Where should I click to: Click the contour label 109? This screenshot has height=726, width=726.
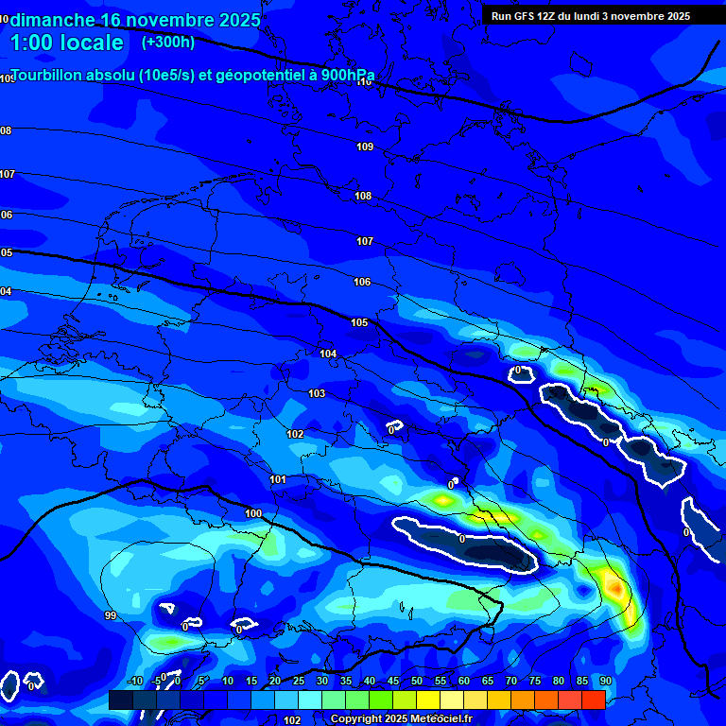365,147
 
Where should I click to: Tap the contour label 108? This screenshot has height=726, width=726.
363,196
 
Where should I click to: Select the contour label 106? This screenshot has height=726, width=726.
362,282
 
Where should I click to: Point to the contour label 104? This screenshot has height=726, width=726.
328,354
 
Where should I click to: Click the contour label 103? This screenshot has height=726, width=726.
317,393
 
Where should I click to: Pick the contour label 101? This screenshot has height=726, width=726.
278,479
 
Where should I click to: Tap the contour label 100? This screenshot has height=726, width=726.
253,513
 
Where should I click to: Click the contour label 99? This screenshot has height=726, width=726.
111,615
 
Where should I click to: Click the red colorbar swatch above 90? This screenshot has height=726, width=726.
594,700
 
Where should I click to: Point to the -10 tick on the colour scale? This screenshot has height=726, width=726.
134,681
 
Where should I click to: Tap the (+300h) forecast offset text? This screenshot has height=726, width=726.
168,42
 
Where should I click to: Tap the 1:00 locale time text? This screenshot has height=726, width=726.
66,43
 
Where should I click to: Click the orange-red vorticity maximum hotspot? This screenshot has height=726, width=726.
615,589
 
